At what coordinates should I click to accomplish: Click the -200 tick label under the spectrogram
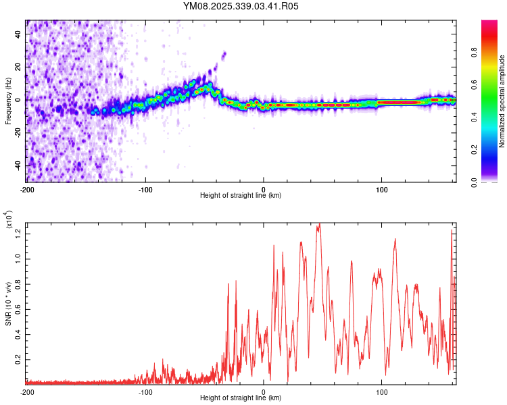(27, 189)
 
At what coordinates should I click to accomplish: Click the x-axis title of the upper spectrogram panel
(241, 196)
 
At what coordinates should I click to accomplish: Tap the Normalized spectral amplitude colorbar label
(502, 101)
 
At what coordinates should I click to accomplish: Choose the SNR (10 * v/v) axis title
(8, 304)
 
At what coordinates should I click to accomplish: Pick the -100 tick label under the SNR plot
(145, 391)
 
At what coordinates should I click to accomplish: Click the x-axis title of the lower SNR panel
(241, 398)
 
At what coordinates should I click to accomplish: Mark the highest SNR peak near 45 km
(318, 225)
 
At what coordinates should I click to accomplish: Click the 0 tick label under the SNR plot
(264, 391)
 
